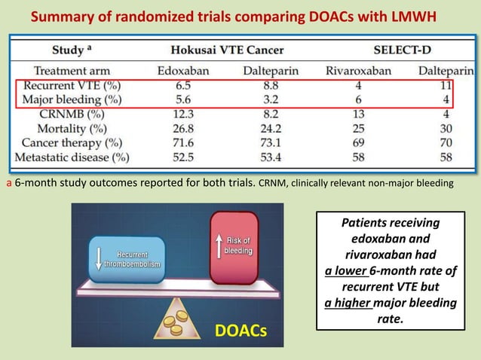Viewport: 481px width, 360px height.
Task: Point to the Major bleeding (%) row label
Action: (74, 99)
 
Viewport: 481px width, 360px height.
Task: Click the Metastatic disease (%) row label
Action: (75, 157)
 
